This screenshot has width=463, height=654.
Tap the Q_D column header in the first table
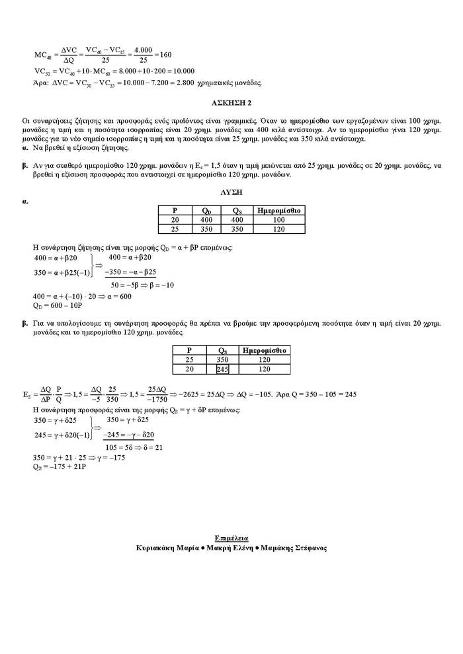tap(207, 210)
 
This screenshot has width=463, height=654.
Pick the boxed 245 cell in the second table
tap(222, 370)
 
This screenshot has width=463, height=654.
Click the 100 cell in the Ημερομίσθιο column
tap(278, 219)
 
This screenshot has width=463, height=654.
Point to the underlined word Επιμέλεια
tap(232, 538)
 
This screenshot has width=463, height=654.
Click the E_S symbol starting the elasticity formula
tap(27, 394)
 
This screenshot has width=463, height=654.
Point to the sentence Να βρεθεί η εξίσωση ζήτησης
tap(80, 148)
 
